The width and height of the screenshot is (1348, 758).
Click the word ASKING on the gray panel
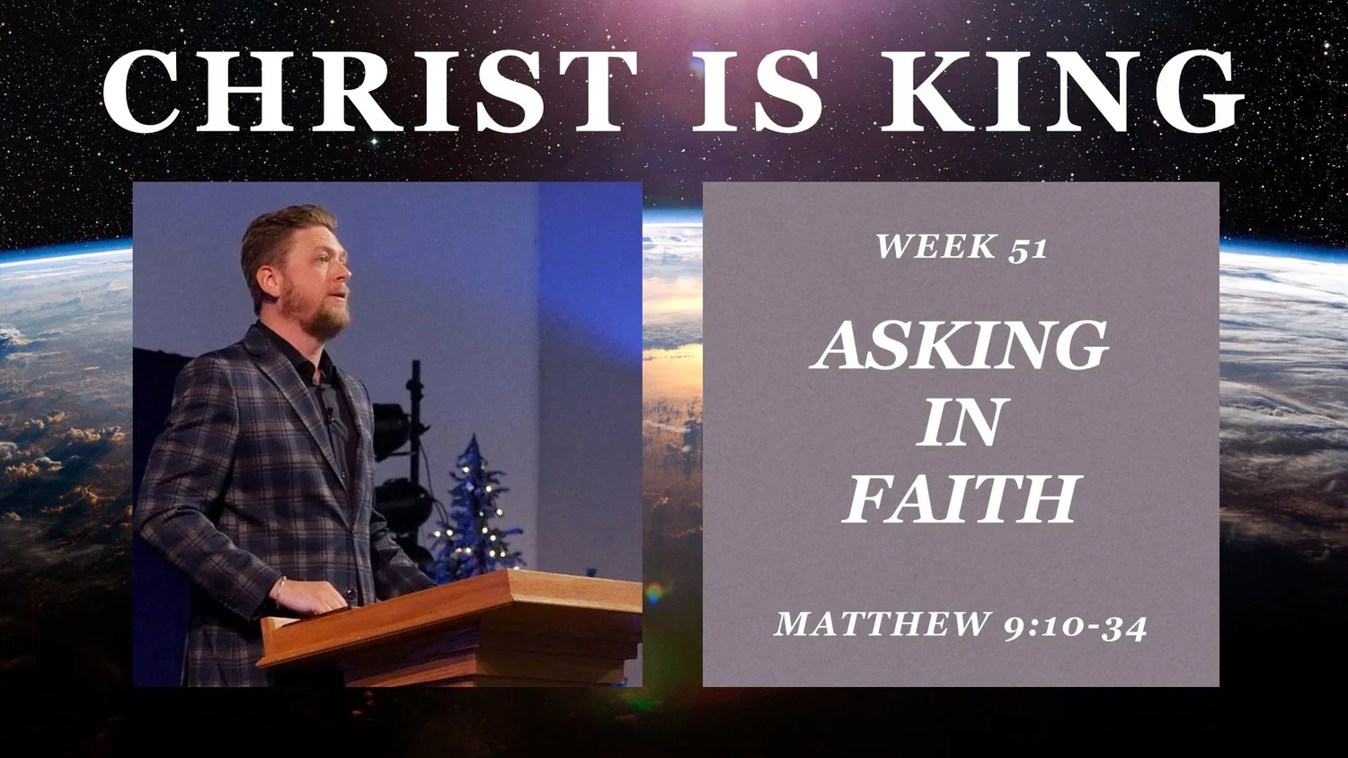point(961,346)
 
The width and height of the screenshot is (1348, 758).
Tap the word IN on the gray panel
point(960,422)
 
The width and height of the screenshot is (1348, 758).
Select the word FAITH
point(961,499)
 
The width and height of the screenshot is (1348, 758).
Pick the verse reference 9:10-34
point(1076,625)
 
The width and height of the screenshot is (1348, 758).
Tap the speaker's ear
point(273,273)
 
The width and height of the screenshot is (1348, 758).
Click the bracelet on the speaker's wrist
point(280,589)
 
